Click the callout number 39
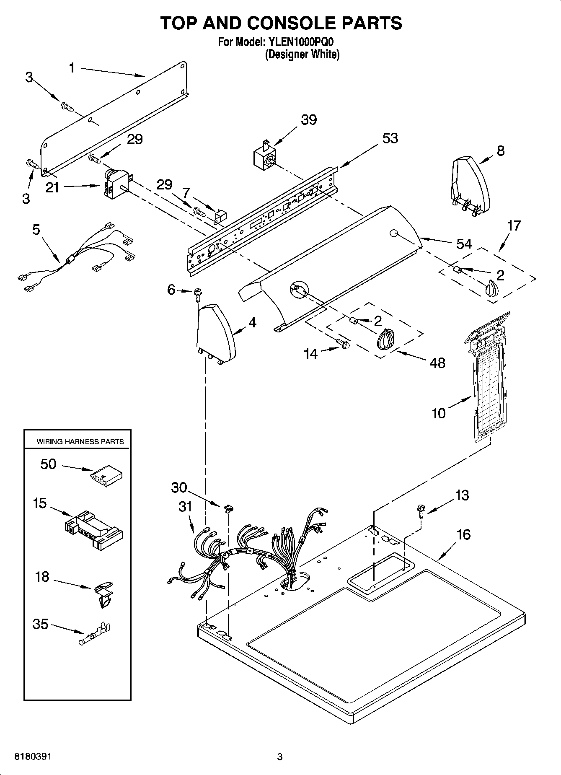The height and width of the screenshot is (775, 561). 309,119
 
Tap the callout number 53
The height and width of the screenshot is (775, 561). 390,138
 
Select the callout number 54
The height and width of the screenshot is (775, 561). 464,244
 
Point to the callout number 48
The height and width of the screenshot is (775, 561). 437,363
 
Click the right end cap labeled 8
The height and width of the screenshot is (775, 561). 470,184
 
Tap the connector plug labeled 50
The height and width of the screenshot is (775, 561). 107,477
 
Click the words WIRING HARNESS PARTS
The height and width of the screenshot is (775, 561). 80,441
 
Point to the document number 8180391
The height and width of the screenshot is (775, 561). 33,757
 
